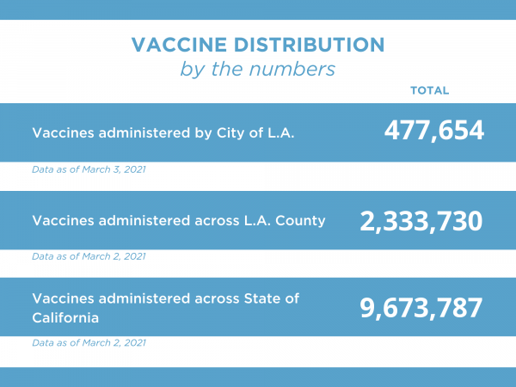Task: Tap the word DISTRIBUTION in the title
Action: (x=308, y=44)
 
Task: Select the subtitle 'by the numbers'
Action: (x=257, y=69)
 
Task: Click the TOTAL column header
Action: (x=430, y=90)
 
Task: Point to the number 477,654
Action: (x=433, y=131)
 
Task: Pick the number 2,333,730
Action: (x=421, y=220)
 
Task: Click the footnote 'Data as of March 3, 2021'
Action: (x=89, y=169)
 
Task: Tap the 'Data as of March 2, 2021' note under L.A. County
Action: (x=89, y=256)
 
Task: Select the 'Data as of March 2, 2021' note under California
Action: (x=89, y=343)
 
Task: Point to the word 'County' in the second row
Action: (x=303, y=220)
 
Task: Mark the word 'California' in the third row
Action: (x=65, y=317)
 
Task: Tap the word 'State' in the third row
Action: (x=263, y=298)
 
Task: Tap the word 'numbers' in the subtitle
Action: (x=298, y=69)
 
